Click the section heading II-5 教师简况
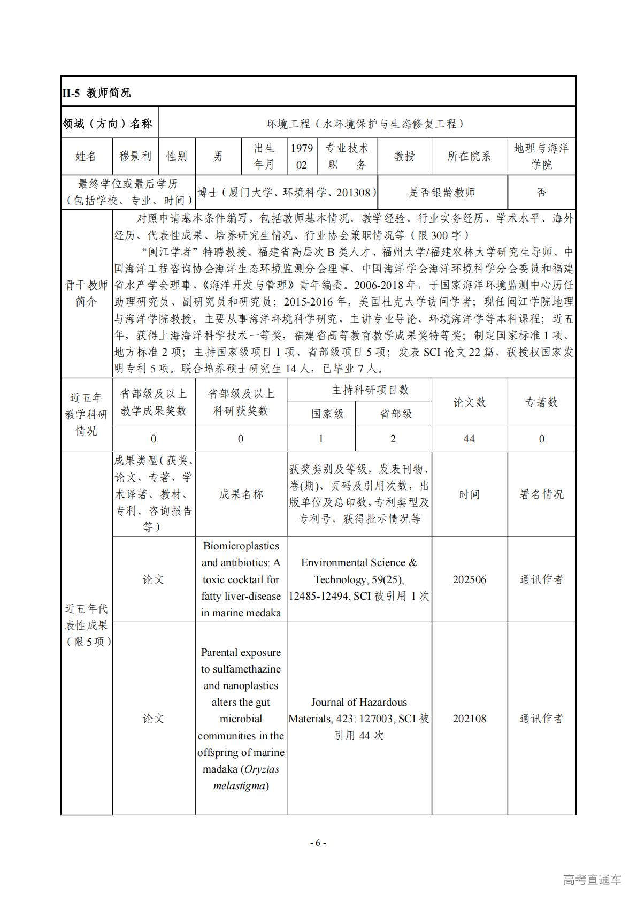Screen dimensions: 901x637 tap(96, 93)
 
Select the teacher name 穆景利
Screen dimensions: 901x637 tap(135, 156)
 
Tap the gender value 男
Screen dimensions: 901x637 tap(218, 156)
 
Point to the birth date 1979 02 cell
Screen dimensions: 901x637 tap(302, 156)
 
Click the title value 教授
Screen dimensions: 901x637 tap(404, 156)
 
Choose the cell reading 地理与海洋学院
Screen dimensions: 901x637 tap(541, 156)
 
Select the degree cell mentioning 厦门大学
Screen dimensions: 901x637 tap(287, 193)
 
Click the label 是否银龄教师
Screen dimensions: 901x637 tap(442, 193)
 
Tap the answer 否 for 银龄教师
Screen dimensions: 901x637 tap(541, 193)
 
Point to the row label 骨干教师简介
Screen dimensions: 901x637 tap(86, 293)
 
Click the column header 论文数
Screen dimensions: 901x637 tap(469, 402)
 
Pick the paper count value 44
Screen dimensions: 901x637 tap(469, 439)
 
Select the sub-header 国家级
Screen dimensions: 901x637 tap(327, 414)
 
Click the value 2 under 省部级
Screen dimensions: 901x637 tap(393, 439)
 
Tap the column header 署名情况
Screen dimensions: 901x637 tap(541, 494)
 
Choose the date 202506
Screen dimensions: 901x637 tap(469, 579)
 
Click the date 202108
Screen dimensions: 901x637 tap(469, 719)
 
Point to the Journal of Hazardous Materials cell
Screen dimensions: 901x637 tap(359, 719)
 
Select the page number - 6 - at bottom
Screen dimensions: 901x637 tap(318, 843)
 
